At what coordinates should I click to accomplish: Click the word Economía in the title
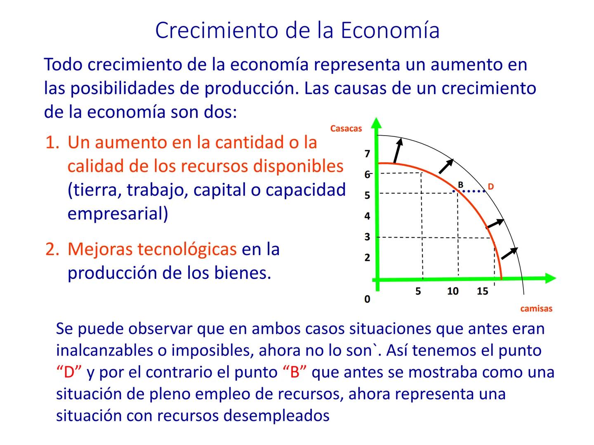click(390, 30)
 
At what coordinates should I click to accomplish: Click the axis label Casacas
click(346, 129)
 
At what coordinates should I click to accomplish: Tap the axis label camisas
click(536, 309)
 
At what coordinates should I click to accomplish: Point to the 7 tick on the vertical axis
click(367, 154)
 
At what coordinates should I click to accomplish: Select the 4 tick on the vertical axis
click(367, 216)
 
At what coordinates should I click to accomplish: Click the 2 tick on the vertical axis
click(367, 258)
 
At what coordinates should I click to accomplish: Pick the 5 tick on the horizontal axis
click(418, 291)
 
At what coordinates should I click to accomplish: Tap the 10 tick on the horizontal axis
click(453, 291)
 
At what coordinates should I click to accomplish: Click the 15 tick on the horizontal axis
click(482, 291)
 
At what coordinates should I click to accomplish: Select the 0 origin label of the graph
click(367, 299)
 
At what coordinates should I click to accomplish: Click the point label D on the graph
click(490, 187)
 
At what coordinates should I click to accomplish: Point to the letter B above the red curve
click(461, 185)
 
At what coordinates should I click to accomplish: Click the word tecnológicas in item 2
click(152, 249)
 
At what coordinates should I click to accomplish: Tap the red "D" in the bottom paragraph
click(69, 372)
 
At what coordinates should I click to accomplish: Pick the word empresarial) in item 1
click(118, 214)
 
